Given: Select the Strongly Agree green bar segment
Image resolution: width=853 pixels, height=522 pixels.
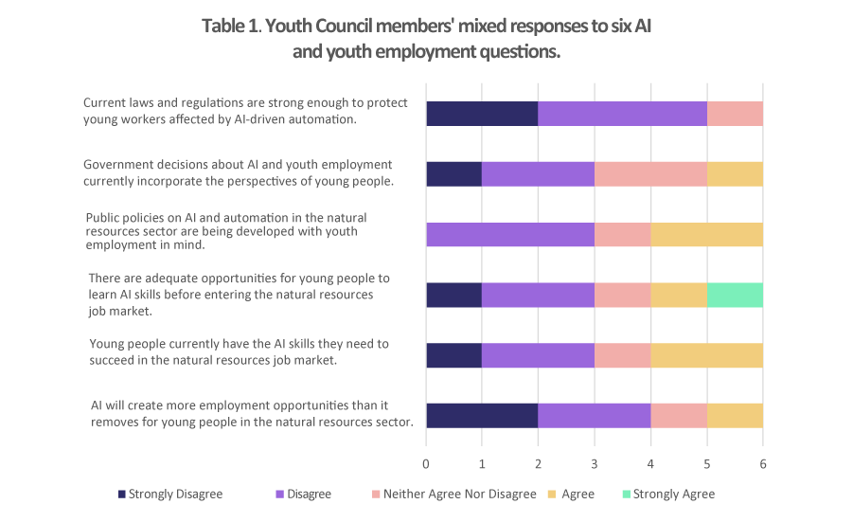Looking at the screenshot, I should [x=735, y=295].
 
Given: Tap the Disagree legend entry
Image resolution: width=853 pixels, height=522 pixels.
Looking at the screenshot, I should [x=303, y=494].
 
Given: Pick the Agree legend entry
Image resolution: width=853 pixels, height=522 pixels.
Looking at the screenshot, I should [x=571, y=494].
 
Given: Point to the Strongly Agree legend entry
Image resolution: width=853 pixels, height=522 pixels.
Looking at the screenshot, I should [x=667, y=494].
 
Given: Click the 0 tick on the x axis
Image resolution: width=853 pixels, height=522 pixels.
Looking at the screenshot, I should [x=426, y=464].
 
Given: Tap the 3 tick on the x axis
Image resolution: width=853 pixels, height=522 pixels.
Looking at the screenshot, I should [x=595, y=464].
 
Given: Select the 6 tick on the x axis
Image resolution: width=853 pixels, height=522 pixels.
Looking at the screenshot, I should [x=763, y=464].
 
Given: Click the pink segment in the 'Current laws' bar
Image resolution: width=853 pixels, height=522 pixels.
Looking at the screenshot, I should [x=735, y=113].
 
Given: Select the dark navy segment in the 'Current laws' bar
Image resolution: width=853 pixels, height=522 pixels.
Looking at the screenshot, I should [x=482, y=113].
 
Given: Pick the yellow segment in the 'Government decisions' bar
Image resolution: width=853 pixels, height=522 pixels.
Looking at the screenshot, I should [x=735, y=174].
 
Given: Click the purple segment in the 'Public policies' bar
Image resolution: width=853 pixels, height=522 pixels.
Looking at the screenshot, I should [x=510, y=235].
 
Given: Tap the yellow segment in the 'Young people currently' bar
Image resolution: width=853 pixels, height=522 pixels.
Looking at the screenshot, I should [x=706, y=355].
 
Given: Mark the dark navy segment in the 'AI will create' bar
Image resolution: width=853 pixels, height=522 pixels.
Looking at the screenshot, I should [x=482, y=416].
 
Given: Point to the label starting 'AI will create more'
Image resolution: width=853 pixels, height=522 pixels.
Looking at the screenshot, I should [x=252, y=415].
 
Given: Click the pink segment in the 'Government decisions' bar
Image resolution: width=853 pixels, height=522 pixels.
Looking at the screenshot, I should [x=650, y=174].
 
